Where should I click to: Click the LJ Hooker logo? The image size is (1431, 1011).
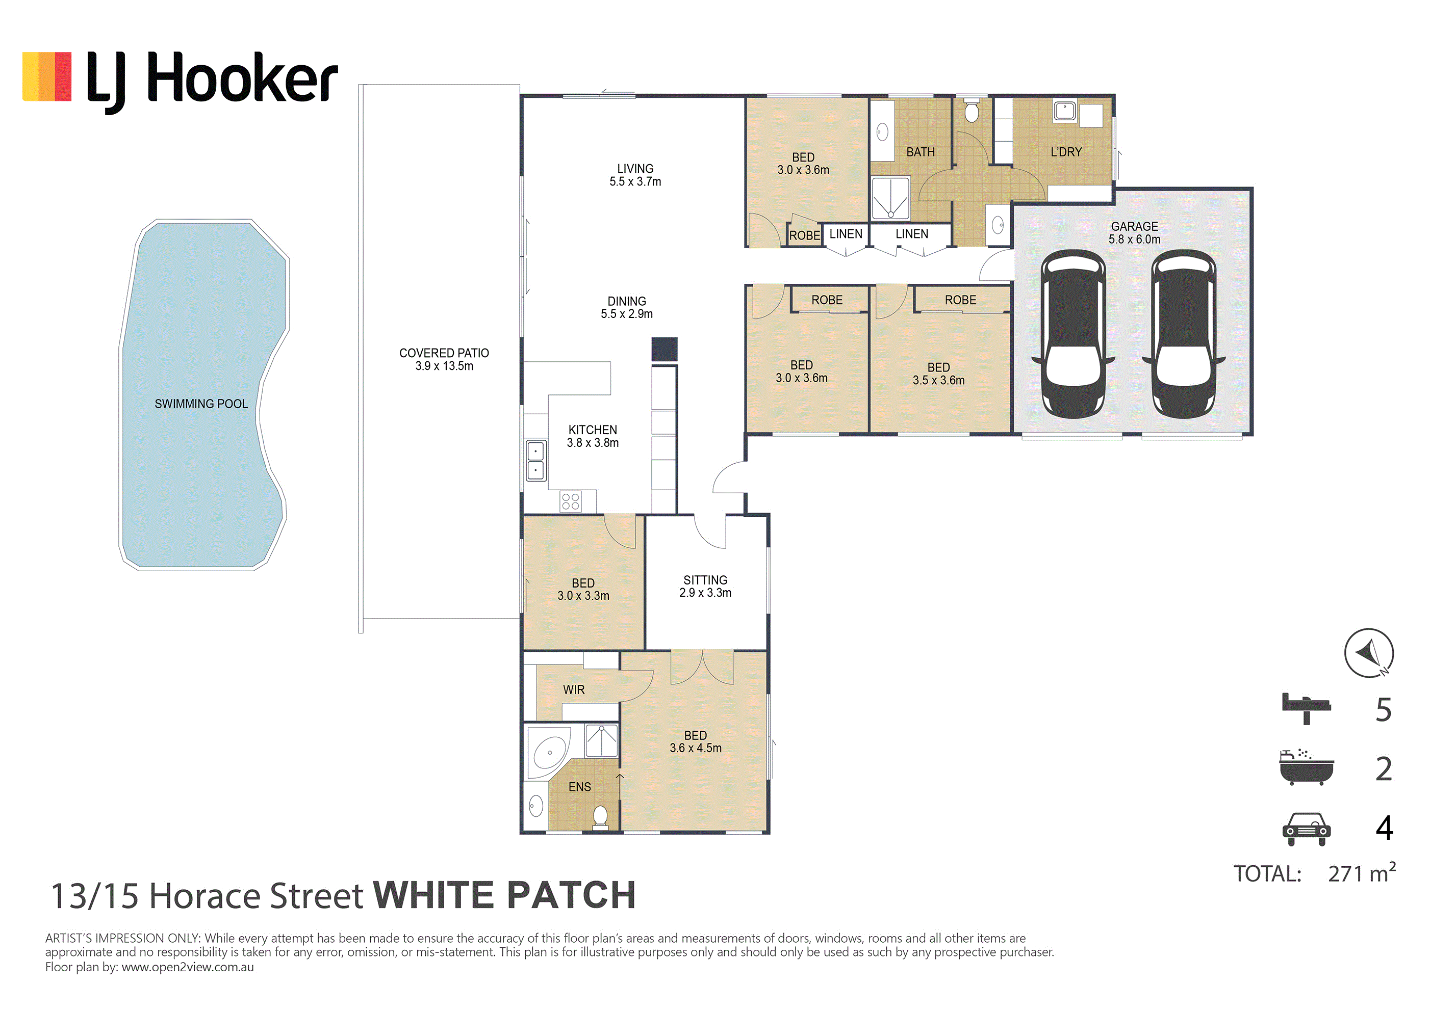click(x=180, y=81)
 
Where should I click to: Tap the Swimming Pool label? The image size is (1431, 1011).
click(x=201, y=404)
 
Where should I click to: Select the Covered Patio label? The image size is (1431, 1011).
click(x=444, y=359)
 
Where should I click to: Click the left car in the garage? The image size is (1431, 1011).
click(x=1073, y=334)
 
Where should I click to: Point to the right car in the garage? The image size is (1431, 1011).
click(x=1184, y=334)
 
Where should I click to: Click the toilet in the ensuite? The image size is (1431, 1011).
click(x=600, y=817)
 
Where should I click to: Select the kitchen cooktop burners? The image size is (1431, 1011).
click(x=570, y=501)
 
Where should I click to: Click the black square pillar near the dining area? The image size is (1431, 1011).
click(x=665, y=350)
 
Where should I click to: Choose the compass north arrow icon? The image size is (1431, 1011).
click(x=1369, y=653)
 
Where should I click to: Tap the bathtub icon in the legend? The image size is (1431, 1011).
click(x=1307, y=767)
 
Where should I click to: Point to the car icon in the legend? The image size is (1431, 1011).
click(x=1307, y=829)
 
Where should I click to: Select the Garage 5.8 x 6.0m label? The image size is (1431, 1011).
click(x=1134, y=233)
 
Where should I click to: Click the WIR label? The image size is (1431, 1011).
click(x=574, y=689)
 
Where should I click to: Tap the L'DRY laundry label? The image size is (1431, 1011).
click(x=1066, y=152)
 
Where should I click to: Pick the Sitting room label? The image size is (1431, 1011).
click(x=705, y=586)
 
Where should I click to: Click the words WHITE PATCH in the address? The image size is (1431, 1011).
click(x=504, y=896)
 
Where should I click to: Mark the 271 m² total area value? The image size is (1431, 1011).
click(x=1362, y=873)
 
